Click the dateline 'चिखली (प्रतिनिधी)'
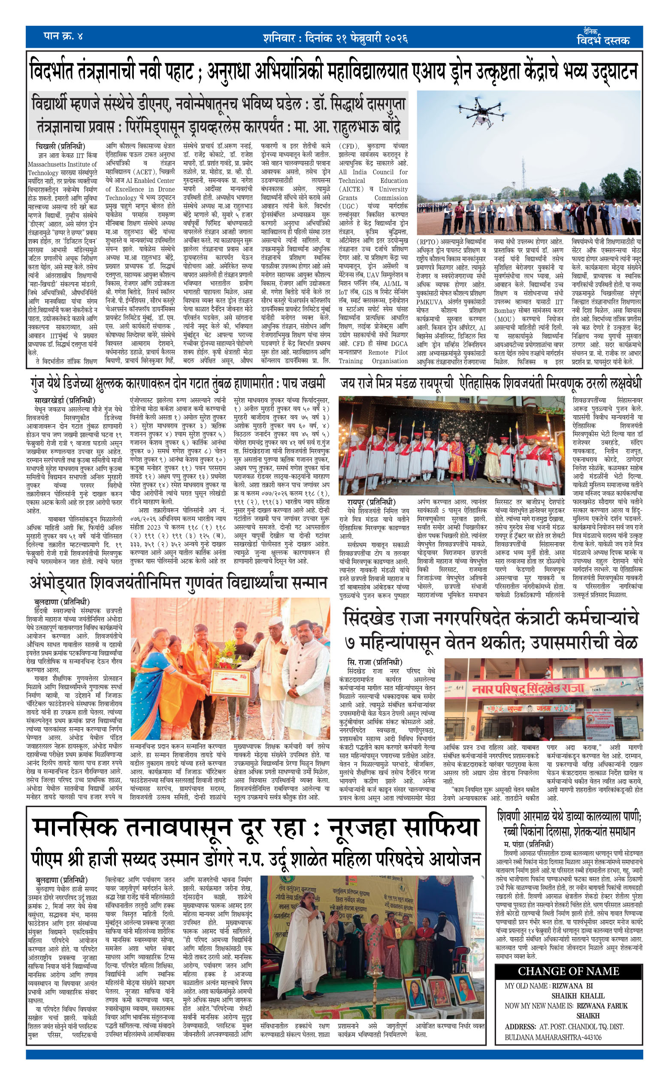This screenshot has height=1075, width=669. click(60, 146)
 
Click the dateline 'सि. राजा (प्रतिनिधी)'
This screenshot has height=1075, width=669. click(374, 662)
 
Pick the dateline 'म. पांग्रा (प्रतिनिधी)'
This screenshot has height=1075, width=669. click(528, 844)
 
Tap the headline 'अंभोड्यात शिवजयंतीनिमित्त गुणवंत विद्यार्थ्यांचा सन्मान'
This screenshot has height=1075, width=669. click(179, 583)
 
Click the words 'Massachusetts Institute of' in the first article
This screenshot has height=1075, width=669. click(62, 164)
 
